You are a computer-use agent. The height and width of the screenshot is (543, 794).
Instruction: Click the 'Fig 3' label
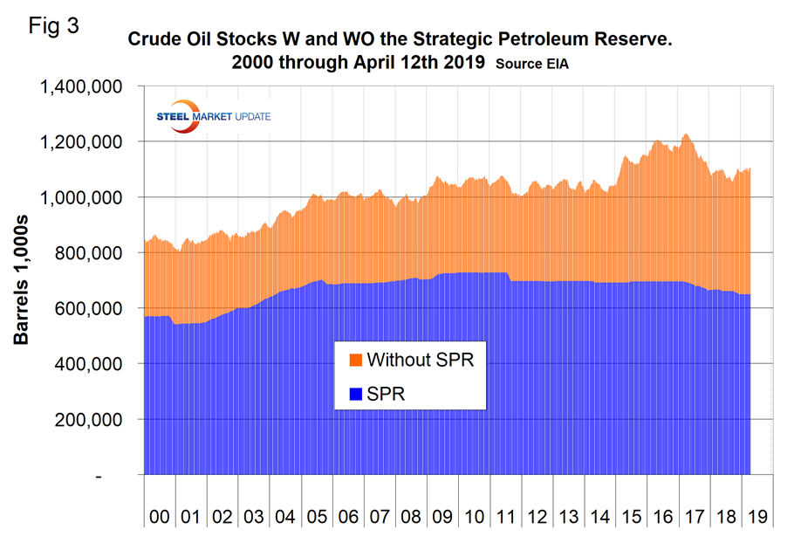tap(53, 26)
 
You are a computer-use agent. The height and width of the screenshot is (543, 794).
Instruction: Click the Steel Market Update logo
tap(212, 118)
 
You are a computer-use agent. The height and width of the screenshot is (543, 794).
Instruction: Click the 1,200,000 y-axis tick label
tap(80, 142)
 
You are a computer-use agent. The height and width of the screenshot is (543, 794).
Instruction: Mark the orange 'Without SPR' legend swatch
tap(355, 361)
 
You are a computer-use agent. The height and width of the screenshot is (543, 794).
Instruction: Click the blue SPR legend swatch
tap(355, 395)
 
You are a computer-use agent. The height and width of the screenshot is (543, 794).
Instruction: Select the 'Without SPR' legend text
tap(420, 360)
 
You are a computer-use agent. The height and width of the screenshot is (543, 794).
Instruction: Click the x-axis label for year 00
tap(159, 515)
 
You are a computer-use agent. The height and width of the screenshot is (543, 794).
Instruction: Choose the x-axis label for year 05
tap(316, 515)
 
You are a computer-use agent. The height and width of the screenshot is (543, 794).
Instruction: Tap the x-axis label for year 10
tap(474, 515)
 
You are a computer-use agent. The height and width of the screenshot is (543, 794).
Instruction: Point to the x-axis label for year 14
tap(599, 515)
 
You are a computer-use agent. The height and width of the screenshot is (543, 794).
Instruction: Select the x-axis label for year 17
tap(695, 515)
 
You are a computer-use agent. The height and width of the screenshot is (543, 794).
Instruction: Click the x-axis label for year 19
tap(757, 515)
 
